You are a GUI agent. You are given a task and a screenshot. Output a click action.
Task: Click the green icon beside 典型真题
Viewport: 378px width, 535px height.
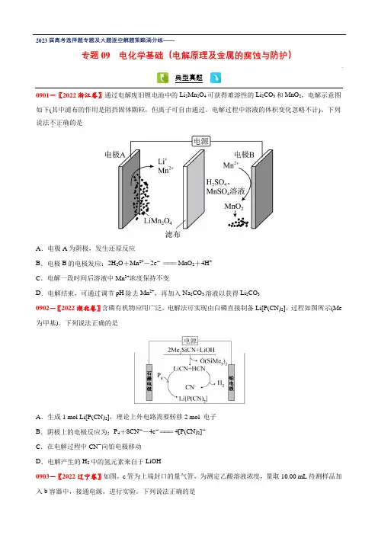(x=163, y=78)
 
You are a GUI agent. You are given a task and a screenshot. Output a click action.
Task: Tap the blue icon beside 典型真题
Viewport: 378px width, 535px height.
(x=216, y=78)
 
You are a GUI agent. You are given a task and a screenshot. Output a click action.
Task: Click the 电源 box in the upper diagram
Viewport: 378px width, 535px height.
(x=201, y=141)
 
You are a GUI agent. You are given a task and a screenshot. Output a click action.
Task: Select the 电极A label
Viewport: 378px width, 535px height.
(x=115, y=155)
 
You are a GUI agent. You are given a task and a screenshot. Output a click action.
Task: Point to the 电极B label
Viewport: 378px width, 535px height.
(x=245, y=155)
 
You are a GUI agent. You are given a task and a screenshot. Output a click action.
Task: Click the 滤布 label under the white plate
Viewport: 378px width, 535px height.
(x=173, y=235)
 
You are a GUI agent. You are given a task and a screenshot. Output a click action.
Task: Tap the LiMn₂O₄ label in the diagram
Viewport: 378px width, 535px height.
(x=158, y=221)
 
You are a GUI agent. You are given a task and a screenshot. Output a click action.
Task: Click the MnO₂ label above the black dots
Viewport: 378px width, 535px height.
(x=234, y=207)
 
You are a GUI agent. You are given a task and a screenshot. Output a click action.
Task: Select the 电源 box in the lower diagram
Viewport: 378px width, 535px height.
(x=191, y=341)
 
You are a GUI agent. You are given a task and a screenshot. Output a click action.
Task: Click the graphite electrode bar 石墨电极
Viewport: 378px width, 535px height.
(x=149, y=382)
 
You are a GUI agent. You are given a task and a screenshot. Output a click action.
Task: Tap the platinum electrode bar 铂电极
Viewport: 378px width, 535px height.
(x=232, y=382)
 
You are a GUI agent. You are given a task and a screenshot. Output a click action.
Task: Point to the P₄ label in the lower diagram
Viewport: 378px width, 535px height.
(x=160, y=376)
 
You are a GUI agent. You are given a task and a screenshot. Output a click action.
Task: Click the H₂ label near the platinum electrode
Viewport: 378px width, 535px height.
(x=221, y=383)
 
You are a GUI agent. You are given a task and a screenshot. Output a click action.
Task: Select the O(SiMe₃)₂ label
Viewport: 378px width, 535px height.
(x=213, y=361)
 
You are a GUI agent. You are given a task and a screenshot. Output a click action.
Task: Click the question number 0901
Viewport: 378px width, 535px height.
(x=43, y=95)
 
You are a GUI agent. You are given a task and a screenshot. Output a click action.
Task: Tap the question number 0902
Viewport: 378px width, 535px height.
(x=43, y=308)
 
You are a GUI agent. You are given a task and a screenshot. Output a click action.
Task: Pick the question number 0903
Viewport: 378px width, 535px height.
(x=43, y=476)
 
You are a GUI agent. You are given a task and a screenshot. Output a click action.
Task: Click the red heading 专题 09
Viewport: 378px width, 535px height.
(x=96, y=56)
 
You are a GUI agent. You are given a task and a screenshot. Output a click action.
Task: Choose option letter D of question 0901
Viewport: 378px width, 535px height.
(x=39, y=293)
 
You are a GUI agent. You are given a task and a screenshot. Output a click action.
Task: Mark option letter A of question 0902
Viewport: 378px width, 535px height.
(x=39, y=417)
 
